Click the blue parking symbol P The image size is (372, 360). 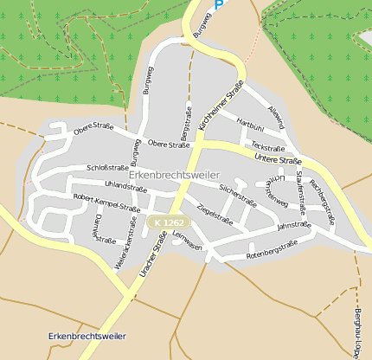pyautogui.click(x=219, y=4)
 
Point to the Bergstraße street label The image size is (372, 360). pyautogui.click(x=186, y=122)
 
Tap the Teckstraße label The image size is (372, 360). pyautogui.click(x=268, y=148)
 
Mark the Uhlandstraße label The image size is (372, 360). pyautogui.click(x=125, y=185)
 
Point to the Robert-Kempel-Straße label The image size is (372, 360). pyautogui.click(x=107, y=203)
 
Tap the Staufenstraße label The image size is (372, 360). pyautogui.click(x=300, y=192)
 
